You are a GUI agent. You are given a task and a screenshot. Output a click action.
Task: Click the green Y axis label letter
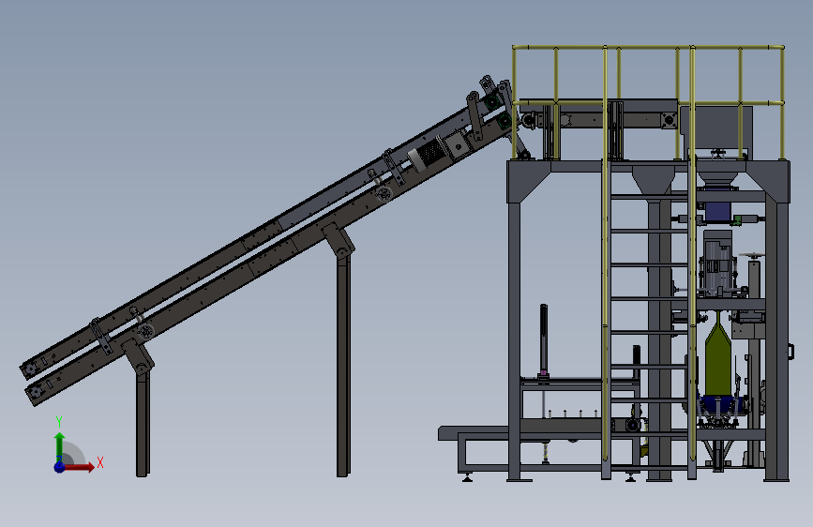pyautogui.click(x=59, y=422)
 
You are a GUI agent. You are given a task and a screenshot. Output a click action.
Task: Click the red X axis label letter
pyautogui.click(x=100, y=462)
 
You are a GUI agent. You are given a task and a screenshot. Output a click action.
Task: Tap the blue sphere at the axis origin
pyautogui.click(x=60, y=467)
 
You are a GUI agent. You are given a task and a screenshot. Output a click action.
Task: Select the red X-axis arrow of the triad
pyautogui.click(x=79, y=467)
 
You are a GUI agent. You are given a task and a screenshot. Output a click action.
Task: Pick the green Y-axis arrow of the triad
pyautogui.click(x=60, y=446)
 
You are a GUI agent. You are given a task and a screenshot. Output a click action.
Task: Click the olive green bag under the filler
pyautogui.click(x=718, y=359)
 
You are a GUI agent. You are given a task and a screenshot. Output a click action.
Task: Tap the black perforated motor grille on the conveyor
pyautogui.click(x=431, y=152)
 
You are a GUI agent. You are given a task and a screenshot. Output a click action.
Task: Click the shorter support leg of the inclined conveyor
pyautogui.click(x=143, y=421)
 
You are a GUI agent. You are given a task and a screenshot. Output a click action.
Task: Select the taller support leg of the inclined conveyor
pyautogui.click(x=342, y=363)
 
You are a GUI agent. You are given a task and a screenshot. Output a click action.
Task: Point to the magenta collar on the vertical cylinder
pyautogui.click(x=543, y=372)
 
